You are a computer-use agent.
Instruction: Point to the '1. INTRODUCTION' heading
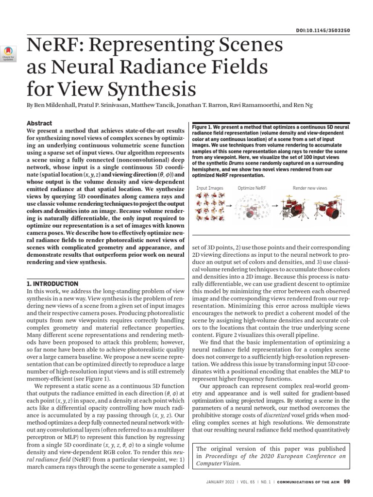[52, 283]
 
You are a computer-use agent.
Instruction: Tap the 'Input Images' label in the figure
[210, 187]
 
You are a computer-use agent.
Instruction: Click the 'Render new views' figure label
[309, 187]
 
